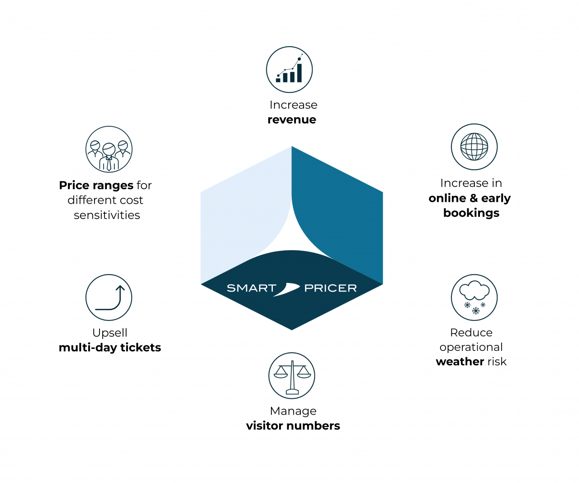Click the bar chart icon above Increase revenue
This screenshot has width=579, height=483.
(289, 70)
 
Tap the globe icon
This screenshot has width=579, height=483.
(474, 147)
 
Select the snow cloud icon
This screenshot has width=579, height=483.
(474, 297)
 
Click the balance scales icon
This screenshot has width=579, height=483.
(292, 376)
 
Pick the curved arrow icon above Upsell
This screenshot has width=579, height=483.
(109, 297)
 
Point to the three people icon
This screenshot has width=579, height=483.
(109, 149)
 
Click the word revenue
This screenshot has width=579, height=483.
(292, 120)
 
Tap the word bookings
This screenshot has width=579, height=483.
(471, 213)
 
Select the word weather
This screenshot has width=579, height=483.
(460, 362)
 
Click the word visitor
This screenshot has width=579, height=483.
(267, 426)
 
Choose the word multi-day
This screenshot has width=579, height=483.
(88, 348)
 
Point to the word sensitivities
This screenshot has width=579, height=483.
(107, 215)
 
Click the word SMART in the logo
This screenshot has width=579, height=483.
(252, 288)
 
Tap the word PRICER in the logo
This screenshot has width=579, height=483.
(330, 288)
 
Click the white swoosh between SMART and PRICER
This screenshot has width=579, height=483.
(286, 289)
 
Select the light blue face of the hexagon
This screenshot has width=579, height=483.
(240, 213)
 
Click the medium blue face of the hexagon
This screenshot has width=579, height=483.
(344, 213)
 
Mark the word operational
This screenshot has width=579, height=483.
(471, 347)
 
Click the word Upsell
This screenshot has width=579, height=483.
(110, 333)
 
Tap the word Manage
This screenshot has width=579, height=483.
(293, 411)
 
